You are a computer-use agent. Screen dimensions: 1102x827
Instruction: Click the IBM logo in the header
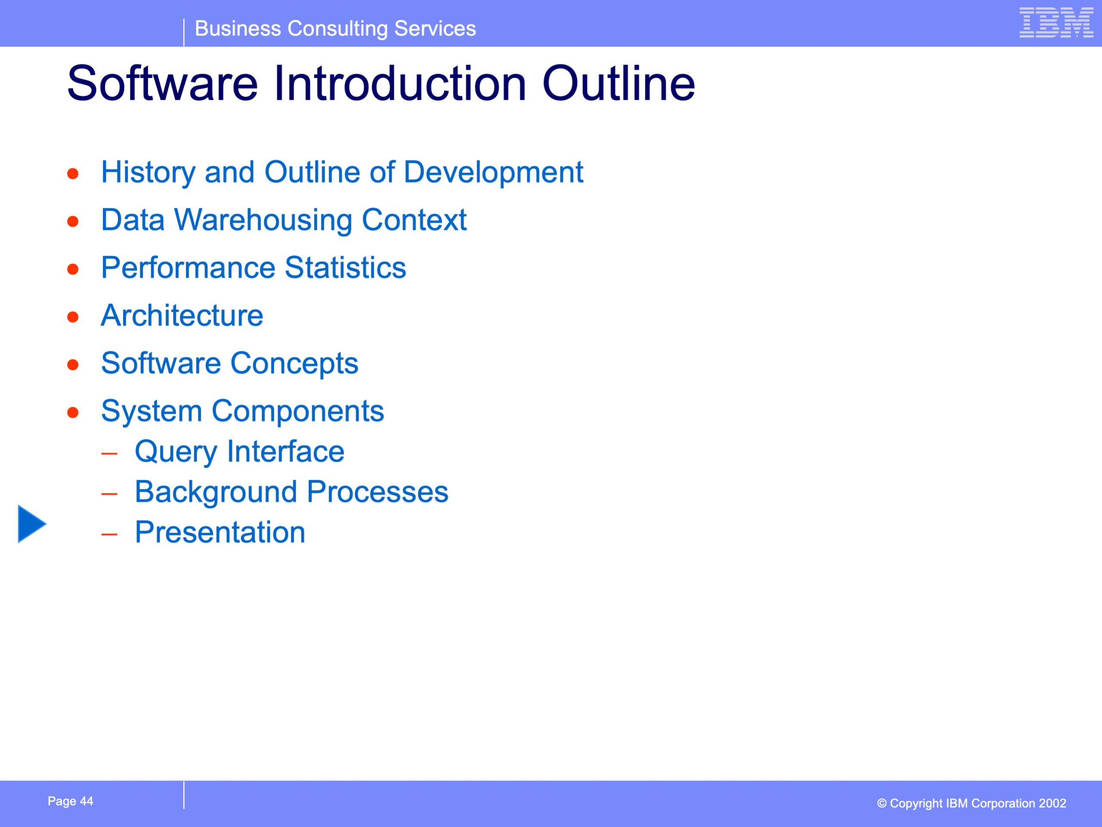1056,22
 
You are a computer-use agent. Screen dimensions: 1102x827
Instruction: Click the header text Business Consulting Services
335,28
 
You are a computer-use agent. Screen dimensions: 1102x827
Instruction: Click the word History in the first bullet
148,172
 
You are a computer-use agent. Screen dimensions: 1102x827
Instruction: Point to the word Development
493,172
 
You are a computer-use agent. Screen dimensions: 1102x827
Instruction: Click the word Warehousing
263,220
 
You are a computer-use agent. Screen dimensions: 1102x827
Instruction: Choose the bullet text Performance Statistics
254,267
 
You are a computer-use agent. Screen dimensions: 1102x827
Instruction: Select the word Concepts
294,364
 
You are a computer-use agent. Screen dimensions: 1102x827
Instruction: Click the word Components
298,411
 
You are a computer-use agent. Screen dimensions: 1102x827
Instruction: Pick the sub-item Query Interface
240,452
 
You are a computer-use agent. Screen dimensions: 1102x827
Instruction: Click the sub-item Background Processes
291,492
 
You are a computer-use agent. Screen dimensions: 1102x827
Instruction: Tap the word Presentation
220,532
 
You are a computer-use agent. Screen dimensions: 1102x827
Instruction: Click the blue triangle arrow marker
31,524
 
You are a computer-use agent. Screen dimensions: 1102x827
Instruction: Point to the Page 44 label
70,801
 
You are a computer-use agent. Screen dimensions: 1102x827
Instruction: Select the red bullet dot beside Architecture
73,317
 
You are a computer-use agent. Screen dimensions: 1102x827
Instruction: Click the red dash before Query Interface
109,454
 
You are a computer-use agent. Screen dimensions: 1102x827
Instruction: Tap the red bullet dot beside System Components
73,413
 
